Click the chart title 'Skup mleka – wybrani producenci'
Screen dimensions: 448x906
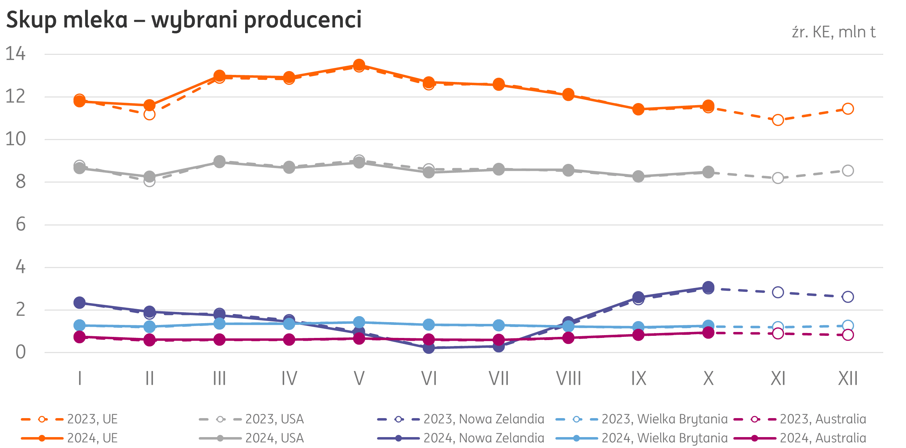click(x=184, y=20)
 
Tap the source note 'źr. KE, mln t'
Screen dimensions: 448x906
click(x=833, y=32)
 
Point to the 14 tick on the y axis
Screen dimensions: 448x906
click(x=15, y=54)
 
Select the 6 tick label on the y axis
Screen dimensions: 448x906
click(x=20, y=224)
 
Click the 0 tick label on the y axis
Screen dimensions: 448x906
click(x=20, y=352)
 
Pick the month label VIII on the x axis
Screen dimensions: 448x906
click(x=568, y=379)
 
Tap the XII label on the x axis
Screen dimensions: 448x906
click(x=848, y=379)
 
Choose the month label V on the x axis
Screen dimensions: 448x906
click(x=359, y=379)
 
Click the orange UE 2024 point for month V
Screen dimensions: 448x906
click(x=359, y=65)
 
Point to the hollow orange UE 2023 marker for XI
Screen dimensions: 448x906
click(x=778, y=120)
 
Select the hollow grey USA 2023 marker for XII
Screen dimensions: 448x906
click(x=848, y=171)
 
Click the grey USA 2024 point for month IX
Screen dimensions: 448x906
click(x=638, y=176)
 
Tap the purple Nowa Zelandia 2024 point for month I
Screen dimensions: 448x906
click(x=80, y=302)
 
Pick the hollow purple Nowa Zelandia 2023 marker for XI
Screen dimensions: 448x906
click(x=778, y=292)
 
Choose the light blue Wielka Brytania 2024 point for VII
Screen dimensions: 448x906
click(x=499, y=326)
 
